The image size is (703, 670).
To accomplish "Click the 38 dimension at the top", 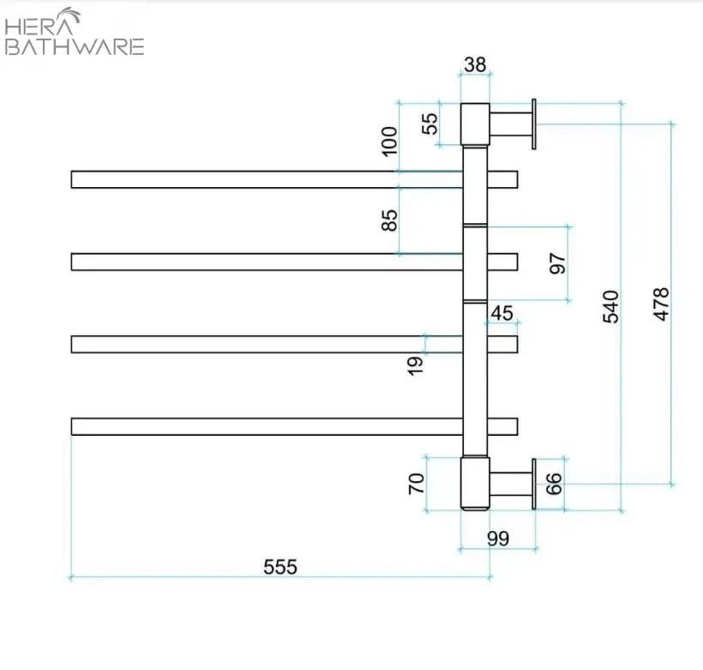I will click(474, 63).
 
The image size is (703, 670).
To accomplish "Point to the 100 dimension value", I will click(390, 140).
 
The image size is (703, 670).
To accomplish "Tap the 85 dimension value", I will click(390, 220).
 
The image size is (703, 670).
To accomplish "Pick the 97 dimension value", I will click(557, 263).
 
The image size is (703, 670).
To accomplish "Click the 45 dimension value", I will click(502, 313).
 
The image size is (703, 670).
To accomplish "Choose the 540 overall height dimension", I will click(610, 306).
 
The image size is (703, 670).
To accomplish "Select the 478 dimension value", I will click(661, 304).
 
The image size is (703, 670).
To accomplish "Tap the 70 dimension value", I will click(417, 483).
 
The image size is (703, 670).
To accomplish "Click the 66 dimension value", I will click(554, 483).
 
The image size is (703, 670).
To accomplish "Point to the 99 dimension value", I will click(497, 539).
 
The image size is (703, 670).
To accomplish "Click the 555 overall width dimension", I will click(279, 567).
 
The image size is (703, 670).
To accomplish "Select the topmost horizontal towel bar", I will click(266, 179).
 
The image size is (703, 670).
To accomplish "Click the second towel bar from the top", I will click(266, 262).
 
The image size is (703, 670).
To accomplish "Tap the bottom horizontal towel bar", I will click(266, 426).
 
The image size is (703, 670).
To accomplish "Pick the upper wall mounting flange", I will click(534, 124).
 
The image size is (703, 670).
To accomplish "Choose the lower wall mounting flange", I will click(534, 484).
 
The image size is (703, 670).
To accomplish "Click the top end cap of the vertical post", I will click(475, 124).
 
